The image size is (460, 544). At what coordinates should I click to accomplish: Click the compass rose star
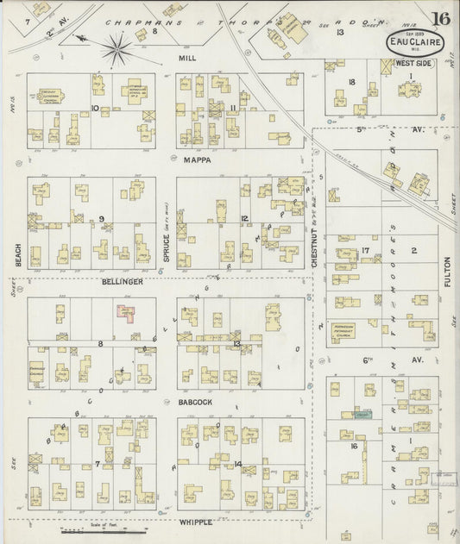point(116,48)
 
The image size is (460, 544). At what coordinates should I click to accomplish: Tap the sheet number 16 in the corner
point(441,19)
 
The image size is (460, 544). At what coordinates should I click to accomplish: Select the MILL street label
point(188,59)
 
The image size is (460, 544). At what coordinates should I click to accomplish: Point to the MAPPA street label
point(197,159)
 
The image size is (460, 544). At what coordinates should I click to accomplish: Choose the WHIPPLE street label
point(196,522)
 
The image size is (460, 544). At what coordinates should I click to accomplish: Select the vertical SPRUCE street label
point(167,230)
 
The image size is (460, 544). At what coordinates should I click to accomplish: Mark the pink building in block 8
point(126,313)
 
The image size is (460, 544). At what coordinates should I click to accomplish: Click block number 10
point(96,109)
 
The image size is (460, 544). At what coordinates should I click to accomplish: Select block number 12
point(245,218)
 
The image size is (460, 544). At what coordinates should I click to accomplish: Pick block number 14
point(237,465)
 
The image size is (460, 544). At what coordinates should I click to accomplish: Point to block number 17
point(366,251)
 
